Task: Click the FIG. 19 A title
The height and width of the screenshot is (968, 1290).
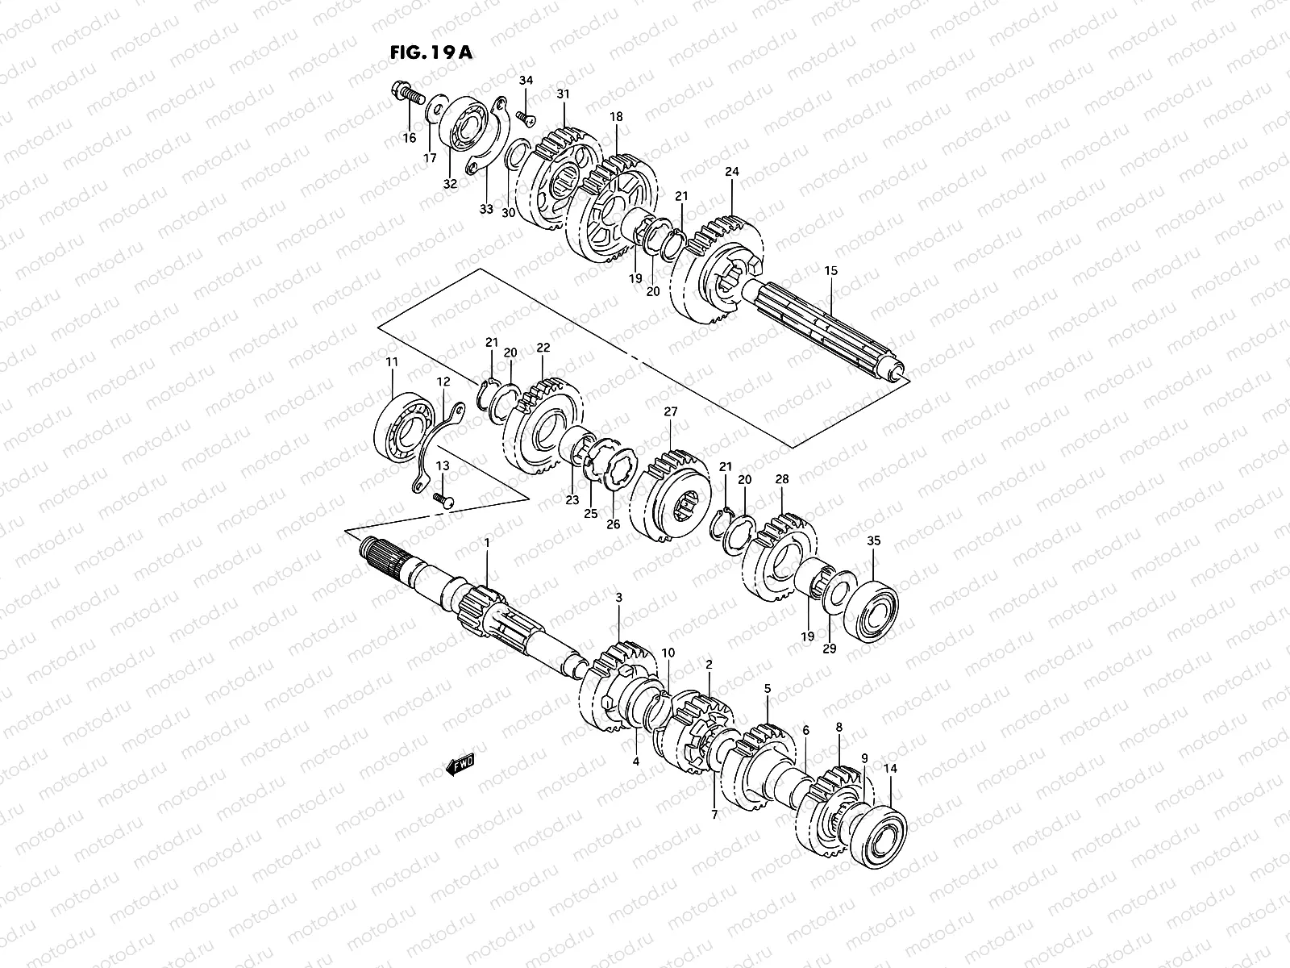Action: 431,53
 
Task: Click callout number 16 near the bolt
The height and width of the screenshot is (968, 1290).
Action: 410,137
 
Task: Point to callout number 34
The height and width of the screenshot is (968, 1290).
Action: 526,81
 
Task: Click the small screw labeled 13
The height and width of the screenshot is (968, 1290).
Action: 443,501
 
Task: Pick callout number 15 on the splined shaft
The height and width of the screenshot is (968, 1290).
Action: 830,271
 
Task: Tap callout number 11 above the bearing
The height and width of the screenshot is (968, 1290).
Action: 392,364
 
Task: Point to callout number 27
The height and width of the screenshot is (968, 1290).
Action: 671,411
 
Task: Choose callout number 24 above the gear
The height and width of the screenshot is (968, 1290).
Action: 732,171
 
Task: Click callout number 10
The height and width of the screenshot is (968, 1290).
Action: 668,652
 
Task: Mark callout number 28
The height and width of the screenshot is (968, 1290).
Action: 781,479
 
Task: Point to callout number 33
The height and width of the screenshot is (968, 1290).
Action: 485,209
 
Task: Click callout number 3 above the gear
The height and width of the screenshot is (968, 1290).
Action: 618,598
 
